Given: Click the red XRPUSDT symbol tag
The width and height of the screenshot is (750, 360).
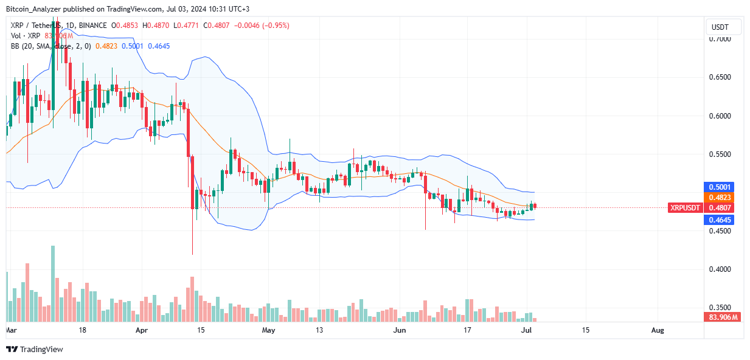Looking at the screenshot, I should (686, 207).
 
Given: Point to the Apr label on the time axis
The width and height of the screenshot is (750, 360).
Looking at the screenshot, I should (142, 330).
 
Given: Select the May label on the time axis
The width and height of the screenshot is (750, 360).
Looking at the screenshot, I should (269, 330).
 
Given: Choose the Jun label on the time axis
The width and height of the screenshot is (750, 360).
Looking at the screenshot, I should (400, 330).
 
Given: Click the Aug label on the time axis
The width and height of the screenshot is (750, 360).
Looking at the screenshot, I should (658, 330).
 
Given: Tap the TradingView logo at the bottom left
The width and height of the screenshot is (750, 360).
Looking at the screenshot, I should (35, 350).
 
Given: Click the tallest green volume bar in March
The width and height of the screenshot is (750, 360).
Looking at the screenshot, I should (53, 283).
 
